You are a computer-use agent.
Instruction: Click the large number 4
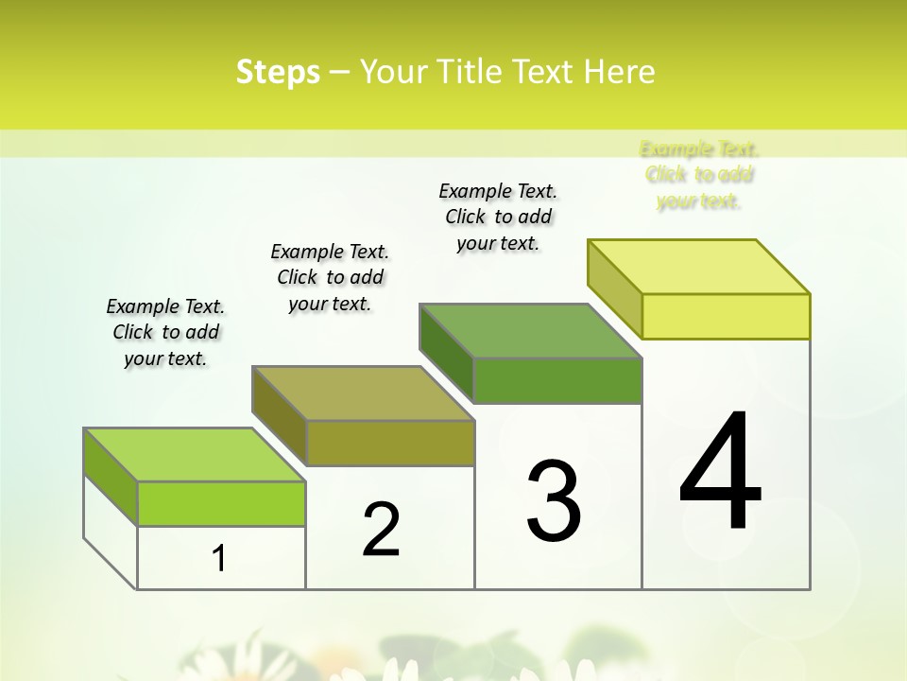click(720, 471)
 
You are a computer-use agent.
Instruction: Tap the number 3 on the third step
click(554, 501)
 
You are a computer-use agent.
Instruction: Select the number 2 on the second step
click(381, 530)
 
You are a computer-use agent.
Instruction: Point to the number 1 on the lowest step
click(219, 559)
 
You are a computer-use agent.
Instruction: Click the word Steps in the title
click(278, 72)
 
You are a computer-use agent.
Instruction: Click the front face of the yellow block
click(726, 316)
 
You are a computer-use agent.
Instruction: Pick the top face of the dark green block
click(531, 331)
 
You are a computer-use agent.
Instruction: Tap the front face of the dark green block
click(557, 380)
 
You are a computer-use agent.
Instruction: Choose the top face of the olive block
click(363, 393)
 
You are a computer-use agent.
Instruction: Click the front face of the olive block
click(389, 443)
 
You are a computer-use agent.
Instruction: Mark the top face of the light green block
click(195, 455)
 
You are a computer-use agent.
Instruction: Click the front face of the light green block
click(221, 503)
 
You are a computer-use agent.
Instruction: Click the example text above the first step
click(165, 333)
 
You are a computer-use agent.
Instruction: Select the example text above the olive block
click(330, 277)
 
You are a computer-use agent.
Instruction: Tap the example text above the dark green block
click(498, 217)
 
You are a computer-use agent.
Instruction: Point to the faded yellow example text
click(699, 175)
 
